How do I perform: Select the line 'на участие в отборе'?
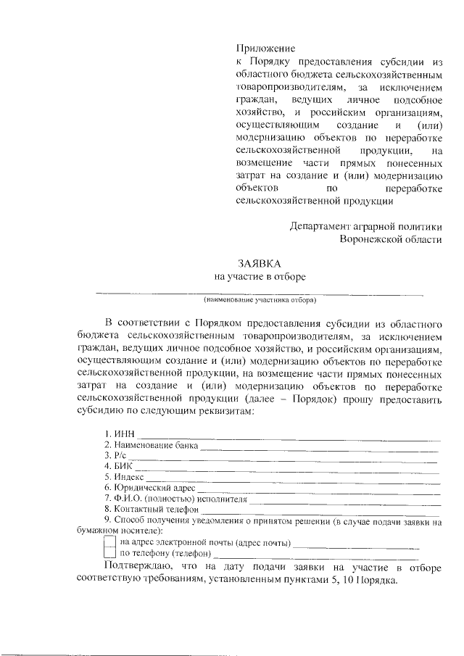260,276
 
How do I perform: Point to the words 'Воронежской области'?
391,238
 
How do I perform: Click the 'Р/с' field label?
116,456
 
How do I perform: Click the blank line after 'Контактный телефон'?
319,512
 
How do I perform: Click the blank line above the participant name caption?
260,293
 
